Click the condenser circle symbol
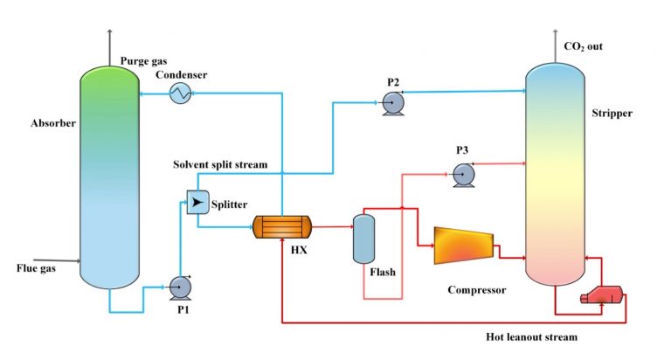[x=181, y=92]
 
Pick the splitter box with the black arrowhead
[x=197, y=204]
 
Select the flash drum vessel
[x=363, y=239]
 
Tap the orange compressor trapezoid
[x=462, y=246]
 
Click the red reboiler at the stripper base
[x=604, y=297]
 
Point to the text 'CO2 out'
[x=584, y=45]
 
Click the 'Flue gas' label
[x=37, y=268]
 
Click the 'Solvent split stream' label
[x=219, y=164]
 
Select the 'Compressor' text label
[x=477, y=289]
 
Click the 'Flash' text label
[x=383, y=272]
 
